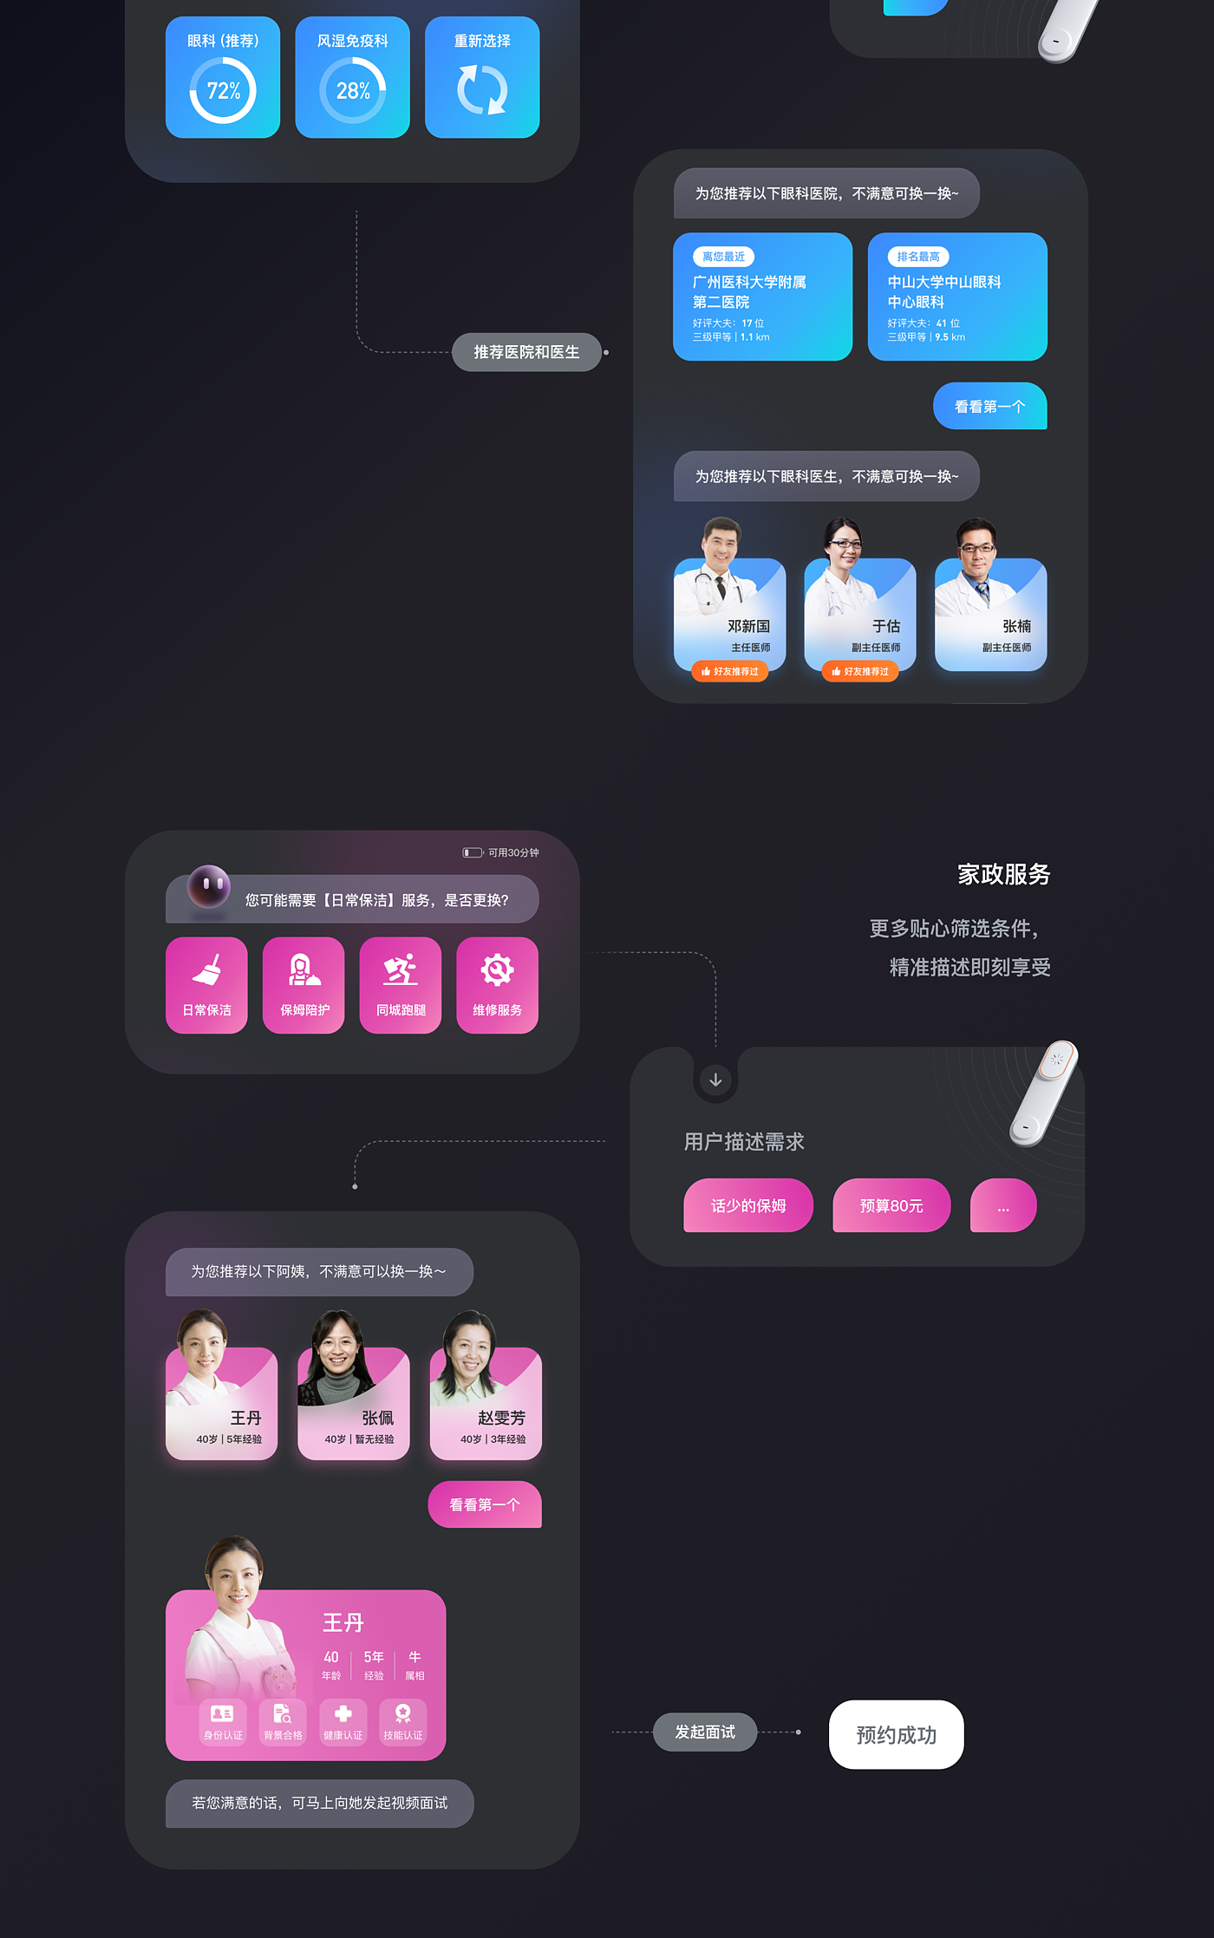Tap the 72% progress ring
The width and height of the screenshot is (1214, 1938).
pos(223,90)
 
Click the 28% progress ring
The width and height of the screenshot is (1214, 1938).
pos(353,90)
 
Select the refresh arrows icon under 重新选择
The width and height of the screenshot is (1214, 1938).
pos(482,90)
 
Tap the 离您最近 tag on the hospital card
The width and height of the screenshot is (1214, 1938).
pos(723,257)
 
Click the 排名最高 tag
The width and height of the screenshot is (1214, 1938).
pos(918,257)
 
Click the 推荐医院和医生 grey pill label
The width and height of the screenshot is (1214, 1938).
pos(526,352)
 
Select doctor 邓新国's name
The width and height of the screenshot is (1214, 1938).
pos(748,626)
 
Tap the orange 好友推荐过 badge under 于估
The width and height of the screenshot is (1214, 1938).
pos(860,671)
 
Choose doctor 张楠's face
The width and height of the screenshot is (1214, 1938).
pos(976,545)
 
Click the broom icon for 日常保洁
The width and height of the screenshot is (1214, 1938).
pos(207,970)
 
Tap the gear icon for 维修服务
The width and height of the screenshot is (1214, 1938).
pos(497,970)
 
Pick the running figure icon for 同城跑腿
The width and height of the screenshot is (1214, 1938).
pos(401,970)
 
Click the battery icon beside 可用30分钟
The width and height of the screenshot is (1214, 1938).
pos(473,852)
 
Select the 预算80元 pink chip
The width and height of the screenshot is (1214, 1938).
pos(891,1205)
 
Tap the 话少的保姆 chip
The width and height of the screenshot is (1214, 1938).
pos(748,1205)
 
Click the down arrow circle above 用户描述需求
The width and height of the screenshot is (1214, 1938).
pos(715,1080)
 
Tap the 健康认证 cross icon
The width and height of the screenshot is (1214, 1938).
pos(343,1713)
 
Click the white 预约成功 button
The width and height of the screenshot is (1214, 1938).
pos(896,1734)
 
